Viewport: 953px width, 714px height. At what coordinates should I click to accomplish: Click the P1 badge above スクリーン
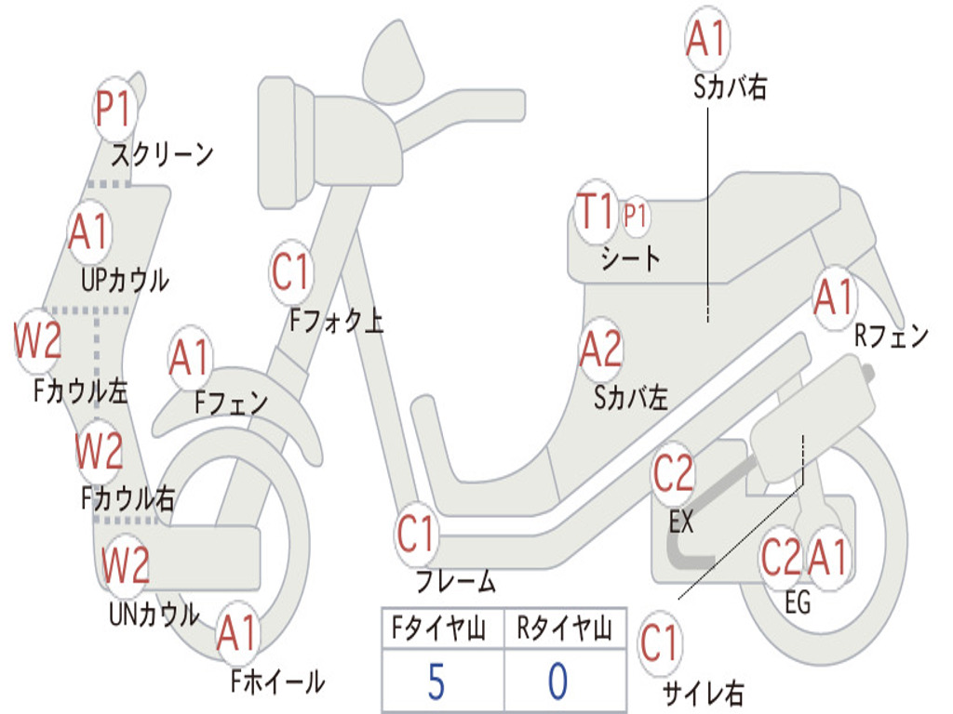[115, 110]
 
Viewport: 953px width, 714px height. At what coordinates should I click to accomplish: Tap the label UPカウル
[125, 279]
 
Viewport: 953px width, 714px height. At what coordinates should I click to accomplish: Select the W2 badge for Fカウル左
[38, 342]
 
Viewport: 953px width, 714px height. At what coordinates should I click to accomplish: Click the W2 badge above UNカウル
[126, 564]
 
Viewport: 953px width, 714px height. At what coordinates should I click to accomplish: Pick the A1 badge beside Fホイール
[237, 635]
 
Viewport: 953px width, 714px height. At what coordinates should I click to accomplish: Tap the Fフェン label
[231, 403]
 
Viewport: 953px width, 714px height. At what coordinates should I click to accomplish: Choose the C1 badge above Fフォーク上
[291, 272]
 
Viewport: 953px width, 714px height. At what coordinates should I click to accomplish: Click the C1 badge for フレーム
[417, 535]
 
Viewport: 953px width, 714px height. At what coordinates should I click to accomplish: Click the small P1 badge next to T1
[636, 217]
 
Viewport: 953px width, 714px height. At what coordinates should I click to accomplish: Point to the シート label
[630, 258]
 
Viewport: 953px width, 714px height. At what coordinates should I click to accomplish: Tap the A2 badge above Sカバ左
[600, 350]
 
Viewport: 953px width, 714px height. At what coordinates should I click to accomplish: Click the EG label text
[798, 602]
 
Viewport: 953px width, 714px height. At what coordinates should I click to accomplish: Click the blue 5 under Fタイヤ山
[436, 682]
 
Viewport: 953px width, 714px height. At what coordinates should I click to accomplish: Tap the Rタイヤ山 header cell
[564, 630]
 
